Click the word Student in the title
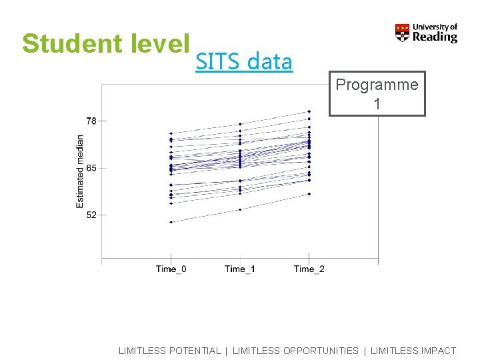coord(61,43)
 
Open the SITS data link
coord(244,62)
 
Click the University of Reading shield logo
coord(402,33)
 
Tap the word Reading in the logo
coord(435,37)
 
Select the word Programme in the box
coord(377,85)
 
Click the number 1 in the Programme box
coord(377,104)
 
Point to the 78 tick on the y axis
coord(91,121)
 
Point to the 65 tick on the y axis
coord(91,168)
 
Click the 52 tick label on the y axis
coord(91,215)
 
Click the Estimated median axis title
coord(80,171)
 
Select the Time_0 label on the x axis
coord(171,269)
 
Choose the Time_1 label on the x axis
coord(240,269)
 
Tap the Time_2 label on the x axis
coord(309,269)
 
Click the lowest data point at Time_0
coord(171,222)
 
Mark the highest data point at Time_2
coord(309,111)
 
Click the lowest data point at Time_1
coord(240,209)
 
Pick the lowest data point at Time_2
coord(309,194)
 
